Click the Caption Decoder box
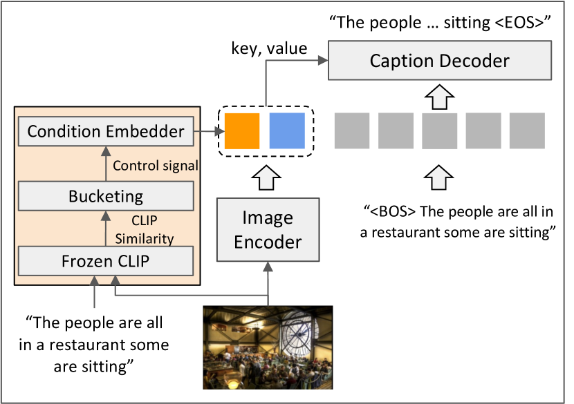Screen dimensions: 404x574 click(x=439, y=61)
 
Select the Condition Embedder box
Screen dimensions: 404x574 click(x=106, y=131)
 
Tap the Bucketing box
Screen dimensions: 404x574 click(x=106, y=196)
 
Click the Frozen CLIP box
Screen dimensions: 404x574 click(x=106, y=262)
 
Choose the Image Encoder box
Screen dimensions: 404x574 click(x=268, y=230)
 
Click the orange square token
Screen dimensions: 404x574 click(x=242, y=131)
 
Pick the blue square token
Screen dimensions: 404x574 click(x=287, y=131)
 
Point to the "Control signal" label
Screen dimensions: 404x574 click(x=156, y=166)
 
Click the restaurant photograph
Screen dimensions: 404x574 click(x=268, y=347)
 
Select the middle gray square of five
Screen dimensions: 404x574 click(x=440, y=131)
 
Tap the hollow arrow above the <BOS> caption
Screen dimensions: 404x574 click(x=440, y=177)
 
